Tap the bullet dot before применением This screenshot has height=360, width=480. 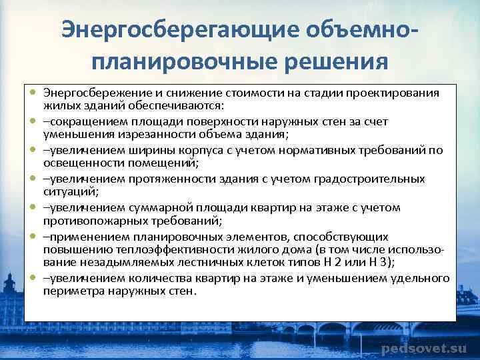click(x=32, y=237)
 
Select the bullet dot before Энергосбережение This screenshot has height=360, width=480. click(x=32, y=93)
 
